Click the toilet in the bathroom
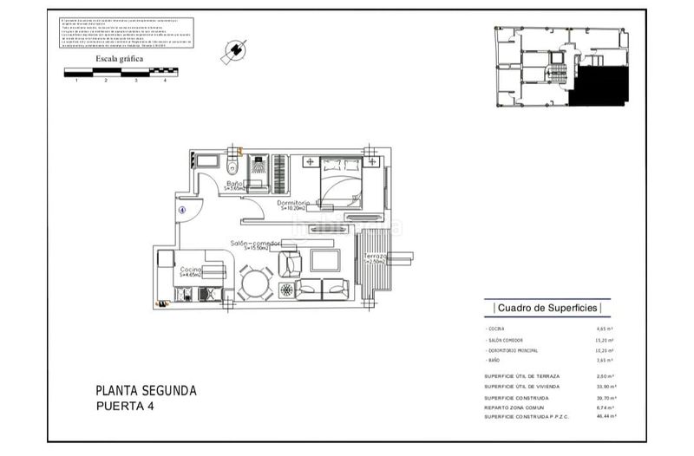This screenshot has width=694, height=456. (232, 165)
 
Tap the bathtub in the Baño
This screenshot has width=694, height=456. (206, 162)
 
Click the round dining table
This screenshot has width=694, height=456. (255, 284)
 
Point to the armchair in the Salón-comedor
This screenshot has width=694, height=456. (290, 263)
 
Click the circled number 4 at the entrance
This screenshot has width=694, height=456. (182, 209)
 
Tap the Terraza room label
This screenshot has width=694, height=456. (375, 257)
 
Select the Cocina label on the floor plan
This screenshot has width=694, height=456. (191, 270)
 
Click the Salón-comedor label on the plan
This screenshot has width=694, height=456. (255, 244)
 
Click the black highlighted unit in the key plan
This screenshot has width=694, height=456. (602, 88)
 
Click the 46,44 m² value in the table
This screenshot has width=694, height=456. (605, 417)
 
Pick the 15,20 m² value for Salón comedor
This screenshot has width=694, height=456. (605, 340)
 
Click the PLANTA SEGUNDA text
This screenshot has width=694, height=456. (146, 390)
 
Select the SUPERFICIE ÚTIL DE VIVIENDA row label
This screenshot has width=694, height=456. (522, 387)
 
